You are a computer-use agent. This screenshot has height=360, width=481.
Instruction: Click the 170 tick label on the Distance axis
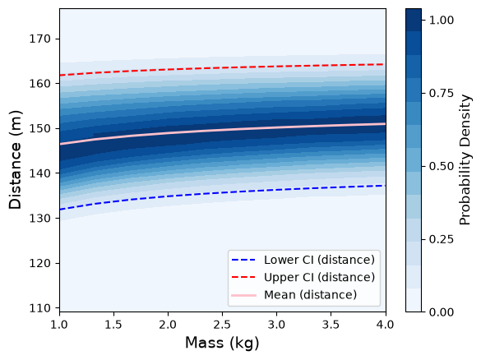coord(39,39)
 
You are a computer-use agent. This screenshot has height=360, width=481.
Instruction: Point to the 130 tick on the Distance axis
coord(58,218)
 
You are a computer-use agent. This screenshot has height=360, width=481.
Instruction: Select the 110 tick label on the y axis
coord(39,308)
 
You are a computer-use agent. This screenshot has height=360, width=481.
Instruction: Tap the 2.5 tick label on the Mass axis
coord(222,324)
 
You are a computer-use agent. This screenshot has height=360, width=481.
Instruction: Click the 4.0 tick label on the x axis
coord(386,324)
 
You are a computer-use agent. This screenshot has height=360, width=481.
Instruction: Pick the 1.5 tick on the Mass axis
coord(113,314)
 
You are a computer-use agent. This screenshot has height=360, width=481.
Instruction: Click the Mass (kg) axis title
coord(222,343)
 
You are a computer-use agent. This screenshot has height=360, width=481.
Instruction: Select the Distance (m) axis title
coord(15,159)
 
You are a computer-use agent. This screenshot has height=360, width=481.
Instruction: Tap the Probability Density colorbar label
coord(465,159)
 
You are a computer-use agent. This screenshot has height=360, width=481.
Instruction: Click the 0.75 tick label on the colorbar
coord(441,93)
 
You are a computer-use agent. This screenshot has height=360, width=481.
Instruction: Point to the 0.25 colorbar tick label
coord(441,239)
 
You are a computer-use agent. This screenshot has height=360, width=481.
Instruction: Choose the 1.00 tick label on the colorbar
coord(441,20)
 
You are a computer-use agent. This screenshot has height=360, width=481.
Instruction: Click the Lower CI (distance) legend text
coord(319,260)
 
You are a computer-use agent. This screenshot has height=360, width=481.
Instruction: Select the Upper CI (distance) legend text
coord(319,277)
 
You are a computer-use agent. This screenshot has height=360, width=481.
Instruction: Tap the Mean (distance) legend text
coord(311,295)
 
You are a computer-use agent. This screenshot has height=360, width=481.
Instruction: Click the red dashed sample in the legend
coord(243,278)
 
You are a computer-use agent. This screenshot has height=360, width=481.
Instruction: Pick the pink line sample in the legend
coord(243,295)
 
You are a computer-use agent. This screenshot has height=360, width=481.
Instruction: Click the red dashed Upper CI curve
coord(222,67)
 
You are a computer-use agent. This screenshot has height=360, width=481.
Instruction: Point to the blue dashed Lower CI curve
coord(222,192)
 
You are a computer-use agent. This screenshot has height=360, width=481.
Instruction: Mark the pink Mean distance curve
coord(222,130)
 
